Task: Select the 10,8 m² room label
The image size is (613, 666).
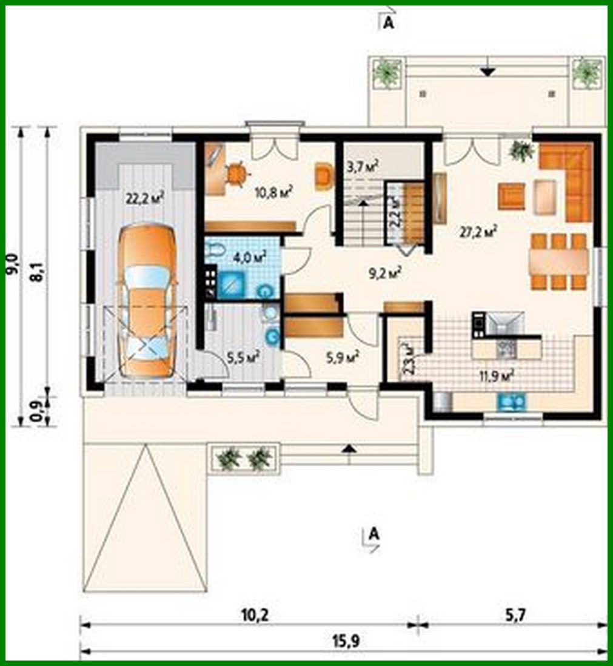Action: pyautogui.click(x=275, y=192)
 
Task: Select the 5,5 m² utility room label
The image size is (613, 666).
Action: pyautogui.click(x=243, y=356)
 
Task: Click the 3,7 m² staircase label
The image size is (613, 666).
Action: pyautogui.click(x=362, y=165)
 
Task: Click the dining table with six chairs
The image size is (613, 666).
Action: pyautogui.click(x=558, y=261)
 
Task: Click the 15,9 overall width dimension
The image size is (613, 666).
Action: pyautogui.click(x=343, y=641)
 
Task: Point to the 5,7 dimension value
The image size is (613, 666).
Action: pyautogui.click(x=513, y=615)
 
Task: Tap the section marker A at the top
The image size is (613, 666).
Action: pyautogui.click(x=387, y=22)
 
